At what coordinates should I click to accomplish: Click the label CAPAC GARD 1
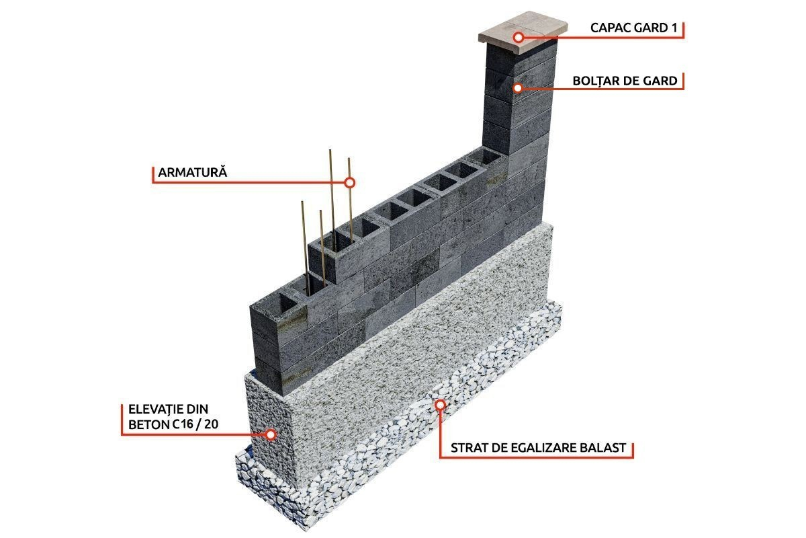pyautogui.click(x=633, y=28)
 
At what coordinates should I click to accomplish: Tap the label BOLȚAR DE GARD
pyautogui.click(x=625, y=81)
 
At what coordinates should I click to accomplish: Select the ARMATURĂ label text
pyautogui.click(x=193, y=172)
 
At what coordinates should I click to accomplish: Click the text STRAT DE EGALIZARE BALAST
pyautogui.click(x=538, y=448)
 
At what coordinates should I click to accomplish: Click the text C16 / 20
pyautogui.click(x=195, y=424)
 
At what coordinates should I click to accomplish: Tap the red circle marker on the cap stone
pyautogui.click(x=518, y=37)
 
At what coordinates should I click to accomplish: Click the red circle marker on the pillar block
pyautogui.click(x=517, y=88)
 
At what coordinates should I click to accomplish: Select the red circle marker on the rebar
pyautogui.click(x=350, y=183)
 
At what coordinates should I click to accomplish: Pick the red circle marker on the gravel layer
pyautogui.click(x=440, y=405)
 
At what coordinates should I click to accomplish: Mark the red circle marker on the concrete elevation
pyautogui.click(x=271, y=434)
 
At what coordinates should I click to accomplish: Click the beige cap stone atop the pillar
pyautogui.click(x=523, y=32)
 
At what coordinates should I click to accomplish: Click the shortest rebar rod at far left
pyautogui.click(x=305, y=248)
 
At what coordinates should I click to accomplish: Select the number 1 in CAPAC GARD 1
pyautogui.click(x=674, y=28)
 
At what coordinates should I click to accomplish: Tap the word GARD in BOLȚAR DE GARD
pyautogui.click(x=660, y=81)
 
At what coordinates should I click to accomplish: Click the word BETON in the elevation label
pyautogui.click(x=149, y=424)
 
